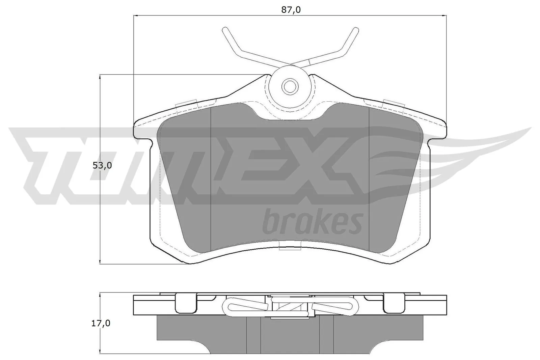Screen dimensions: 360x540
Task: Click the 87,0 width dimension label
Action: tap(291, 10)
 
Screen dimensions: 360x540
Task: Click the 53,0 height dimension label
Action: tap(102, 166)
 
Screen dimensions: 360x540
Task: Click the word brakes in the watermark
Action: tap(313, 223)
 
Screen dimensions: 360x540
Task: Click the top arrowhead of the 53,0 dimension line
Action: tap(100, 77)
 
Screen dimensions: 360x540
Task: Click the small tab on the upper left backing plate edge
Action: tap(186, 103)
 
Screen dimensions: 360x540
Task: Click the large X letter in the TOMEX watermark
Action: tap(324, 165)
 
